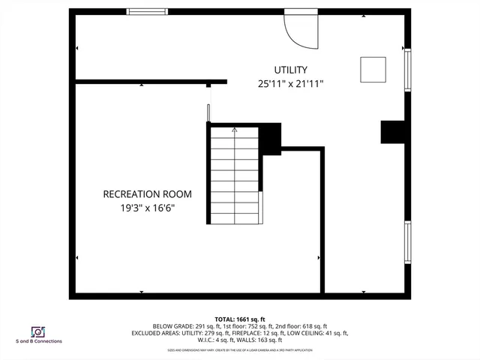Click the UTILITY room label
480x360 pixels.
click(290, 70)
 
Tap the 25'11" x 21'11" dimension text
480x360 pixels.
click(290, 84)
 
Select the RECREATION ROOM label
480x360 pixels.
click(142, 194)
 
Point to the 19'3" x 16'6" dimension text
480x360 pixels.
click(142, 208)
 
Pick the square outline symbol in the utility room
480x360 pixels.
click(373, 69)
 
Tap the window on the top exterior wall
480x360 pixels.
click(146, 11)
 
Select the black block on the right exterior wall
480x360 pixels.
click(394, 131)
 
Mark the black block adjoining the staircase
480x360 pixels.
click(270, 139)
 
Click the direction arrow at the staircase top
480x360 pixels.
click(235, 130)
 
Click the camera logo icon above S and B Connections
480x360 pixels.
click(37, 331)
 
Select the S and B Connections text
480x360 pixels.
click(38, 341)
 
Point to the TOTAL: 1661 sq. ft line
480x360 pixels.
click(240, 319)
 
